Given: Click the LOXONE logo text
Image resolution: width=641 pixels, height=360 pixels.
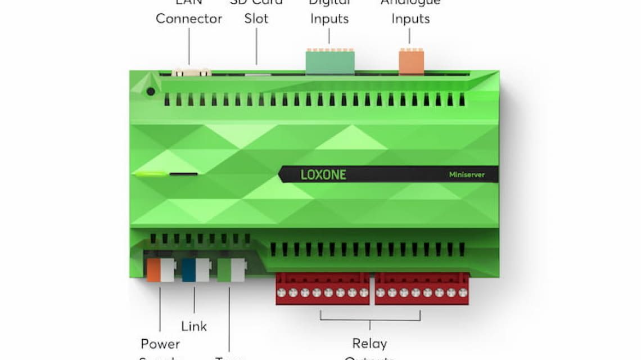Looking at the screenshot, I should tap(323, 174).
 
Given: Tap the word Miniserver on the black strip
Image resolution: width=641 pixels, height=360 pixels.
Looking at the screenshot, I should tap(466, 175).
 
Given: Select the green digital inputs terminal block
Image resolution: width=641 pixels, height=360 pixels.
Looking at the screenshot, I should tap(330, 62).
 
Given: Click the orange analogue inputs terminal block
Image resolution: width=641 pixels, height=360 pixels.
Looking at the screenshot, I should tap(411, 62).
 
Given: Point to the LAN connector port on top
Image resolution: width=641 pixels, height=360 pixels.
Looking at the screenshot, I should tap(191, 72).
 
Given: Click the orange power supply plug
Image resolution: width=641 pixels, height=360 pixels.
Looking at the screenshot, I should tap(154, 270).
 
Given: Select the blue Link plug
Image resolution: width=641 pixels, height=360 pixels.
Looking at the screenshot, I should tap(189, 270).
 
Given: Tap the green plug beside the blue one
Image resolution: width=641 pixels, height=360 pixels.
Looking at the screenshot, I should tap(224, 270).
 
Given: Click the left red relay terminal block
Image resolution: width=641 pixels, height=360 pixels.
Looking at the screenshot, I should tap(322, 289).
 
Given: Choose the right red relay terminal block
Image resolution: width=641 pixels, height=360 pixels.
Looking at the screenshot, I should tap(422, 289).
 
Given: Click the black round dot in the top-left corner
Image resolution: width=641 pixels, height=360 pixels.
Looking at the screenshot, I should tap(151, 91).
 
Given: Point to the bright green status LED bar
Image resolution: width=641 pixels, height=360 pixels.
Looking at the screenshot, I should tap(151, 174).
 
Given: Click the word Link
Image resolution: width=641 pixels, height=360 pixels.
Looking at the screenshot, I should tap(194, 326).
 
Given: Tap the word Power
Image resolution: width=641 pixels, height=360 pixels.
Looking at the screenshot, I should tap(160, 344).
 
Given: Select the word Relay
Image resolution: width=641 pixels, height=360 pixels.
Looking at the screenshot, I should tap(369, 343).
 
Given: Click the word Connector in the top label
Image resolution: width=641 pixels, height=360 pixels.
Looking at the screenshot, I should tap(189, 19).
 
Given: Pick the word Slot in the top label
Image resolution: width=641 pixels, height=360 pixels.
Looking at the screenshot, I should tap(256, 19).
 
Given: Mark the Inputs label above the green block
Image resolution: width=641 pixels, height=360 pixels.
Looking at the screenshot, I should tap(329, 19).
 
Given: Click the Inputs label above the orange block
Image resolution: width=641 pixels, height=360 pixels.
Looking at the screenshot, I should tap(410, 19).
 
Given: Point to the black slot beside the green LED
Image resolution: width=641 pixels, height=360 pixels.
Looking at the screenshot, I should tap(183, 174).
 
